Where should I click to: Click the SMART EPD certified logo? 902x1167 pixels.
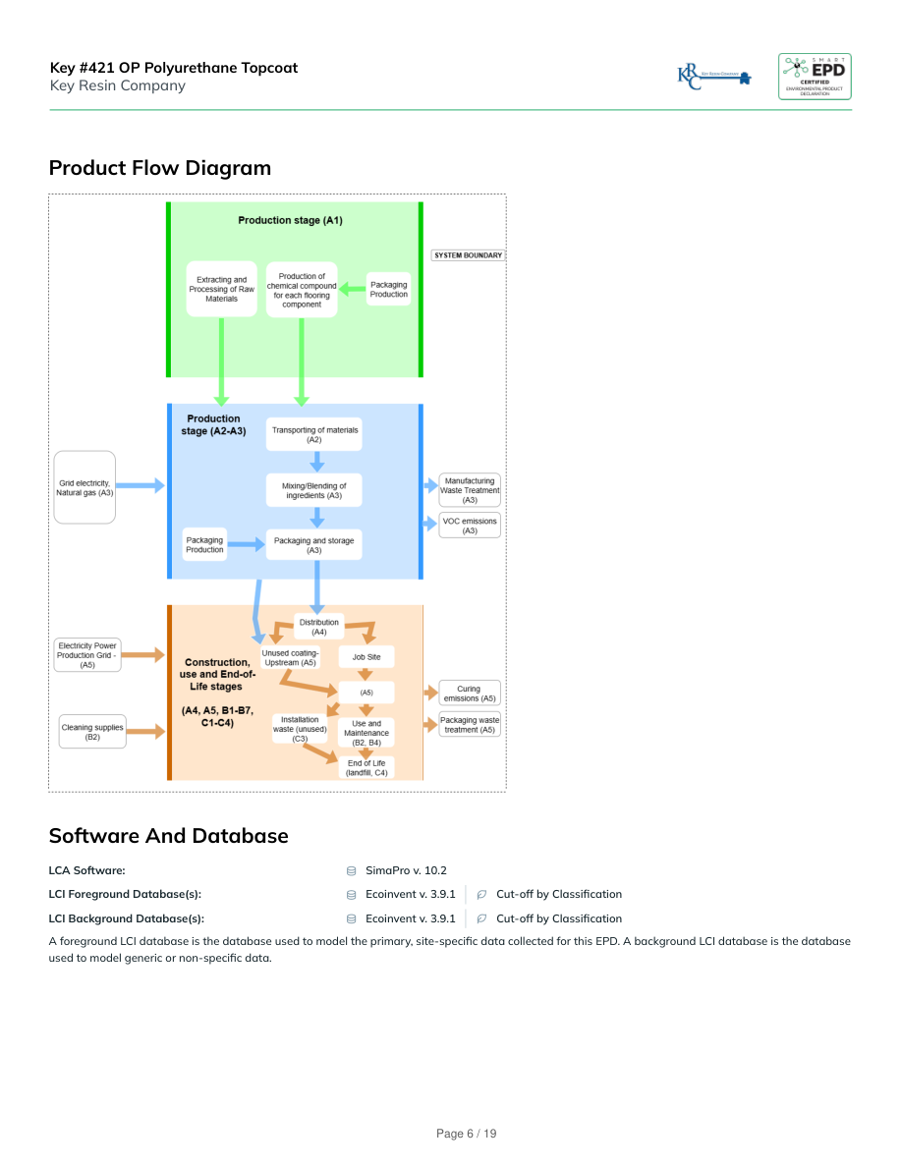(x=815, y=76)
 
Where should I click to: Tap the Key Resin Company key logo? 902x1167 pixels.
(x=714, y=77)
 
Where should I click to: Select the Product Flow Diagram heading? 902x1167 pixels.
(x=160, y=168)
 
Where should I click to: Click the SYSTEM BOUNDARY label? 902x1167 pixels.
(x=468, y=255)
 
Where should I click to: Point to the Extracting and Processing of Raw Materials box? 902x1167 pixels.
(x=222, y=289)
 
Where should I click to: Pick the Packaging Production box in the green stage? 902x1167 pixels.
(x=388, y=289)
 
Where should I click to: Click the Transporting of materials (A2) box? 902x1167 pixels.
(x=314, y=434)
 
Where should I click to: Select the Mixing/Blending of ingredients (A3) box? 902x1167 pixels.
(x=314, y=490)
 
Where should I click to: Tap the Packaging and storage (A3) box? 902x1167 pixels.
(x=314, y=545)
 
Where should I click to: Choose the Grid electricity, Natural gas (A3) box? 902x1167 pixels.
(x=85, y=487)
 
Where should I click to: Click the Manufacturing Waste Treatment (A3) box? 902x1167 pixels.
(x=470, y=490)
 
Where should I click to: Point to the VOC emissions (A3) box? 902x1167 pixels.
(x=470, y=525)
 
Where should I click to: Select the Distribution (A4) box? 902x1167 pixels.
(x=319, y=627)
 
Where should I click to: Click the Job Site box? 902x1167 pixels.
(x=366, y=656)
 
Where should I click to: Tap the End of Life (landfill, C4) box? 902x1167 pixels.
(x=366, y=767)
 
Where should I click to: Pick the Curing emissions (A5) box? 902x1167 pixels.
(x=469, y=694)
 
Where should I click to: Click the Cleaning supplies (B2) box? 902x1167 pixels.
(x=92, y=732)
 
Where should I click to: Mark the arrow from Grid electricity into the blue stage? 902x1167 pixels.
(x=142, y=485)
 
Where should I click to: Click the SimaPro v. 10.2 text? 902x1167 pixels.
(x=406, y=870)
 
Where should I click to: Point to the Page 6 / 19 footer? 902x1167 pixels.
(x=467, y=1134)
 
